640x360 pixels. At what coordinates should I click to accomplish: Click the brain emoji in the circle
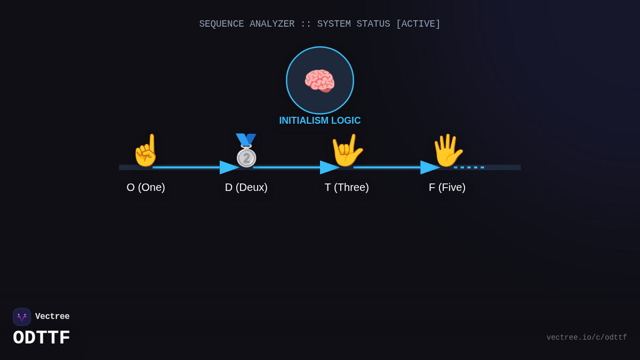point(319,81)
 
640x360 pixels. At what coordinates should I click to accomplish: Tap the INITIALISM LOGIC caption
point(319,121)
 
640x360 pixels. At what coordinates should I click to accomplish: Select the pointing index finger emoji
point(146,150)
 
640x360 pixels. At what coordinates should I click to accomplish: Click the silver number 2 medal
point(246,150)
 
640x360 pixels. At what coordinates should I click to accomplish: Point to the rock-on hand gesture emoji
point(347,150)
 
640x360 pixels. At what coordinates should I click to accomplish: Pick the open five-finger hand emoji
point(447,150)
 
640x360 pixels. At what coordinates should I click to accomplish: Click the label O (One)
point(146,187)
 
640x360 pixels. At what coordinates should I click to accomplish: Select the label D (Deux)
point(246,187)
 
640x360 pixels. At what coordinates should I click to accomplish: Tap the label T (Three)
point(347,187)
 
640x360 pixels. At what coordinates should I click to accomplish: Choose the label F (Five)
point(447,187)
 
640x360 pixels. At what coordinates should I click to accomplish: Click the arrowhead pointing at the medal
point(229,167)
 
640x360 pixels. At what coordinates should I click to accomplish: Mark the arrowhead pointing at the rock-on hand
point(330,167)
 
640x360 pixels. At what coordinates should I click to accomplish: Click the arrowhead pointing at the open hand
point(430,167)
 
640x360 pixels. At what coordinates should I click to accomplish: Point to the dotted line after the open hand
point(469,167)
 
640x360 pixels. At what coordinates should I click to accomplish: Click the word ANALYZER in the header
point(272,24)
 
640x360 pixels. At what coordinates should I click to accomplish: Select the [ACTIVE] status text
point(418,24)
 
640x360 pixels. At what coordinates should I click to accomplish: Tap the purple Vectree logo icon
point(22,317)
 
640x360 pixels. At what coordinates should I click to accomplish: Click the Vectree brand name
point(52,316)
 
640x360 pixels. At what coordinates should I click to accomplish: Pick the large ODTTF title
point(42,338)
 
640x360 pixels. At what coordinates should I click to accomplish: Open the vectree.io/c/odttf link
point(587,338)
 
